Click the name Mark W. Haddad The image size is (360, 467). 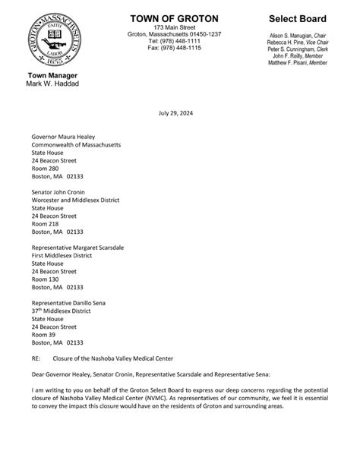click(x=53, y=83)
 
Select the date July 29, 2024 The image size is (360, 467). click(x=179, y=112)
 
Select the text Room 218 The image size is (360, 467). click(x=46, y=225)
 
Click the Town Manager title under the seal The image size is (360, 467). click(x=52, y=75)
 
